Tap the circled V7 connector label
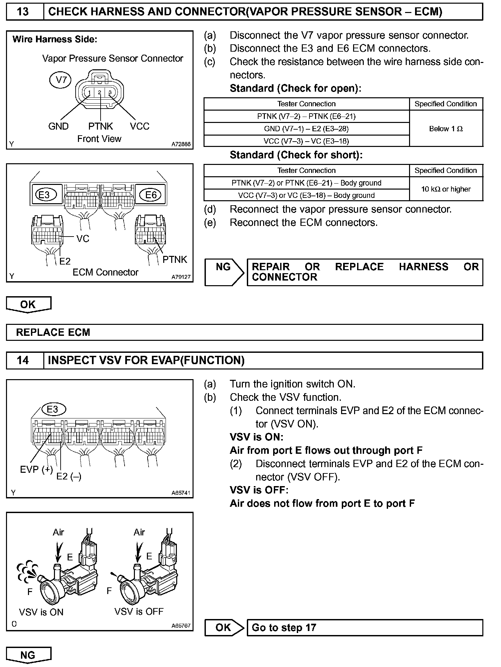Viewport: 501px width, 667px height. [x=61, y=80]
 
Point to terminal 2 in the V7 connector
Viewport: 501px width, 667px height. [x=100, y=92]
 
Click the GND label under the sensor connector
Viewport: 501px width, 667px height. [x=58, y=126]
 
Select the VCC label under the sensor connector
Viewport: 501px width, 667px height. [x=140, y=126]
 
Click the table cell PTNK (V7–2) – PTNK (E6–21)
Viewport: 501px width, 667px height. [x=306, y=116]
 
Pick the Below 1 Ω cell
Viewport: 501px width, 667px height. [x=446, y=129]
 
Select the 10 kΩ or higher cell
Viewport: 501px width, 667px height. [x=446, y=189]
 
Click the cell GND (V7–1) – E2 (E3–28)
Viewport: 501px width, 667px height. [x=306, y=129]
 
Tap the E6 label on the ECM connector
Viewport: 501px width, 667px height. [x=151, y=195]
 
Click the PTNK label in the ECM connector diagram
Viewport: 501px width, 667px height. [x=175, y=260]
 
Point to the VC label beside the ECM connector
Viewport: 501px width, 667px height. [x=83, y=239]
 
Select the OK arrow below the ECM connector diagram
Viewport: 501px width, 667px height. [x=28, y=305]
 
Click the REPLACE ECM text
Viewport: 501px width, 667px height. [x=53, y=332]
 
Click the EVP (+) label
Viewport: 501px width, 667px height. [x=36, y=469]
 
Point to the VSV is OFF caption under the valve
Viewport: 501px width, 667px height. [x=139, y=611]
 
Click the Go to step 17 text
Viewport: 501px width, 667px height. [x=284, y=627]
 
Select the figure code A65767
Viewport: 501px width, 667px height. [x=181, y=626]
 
